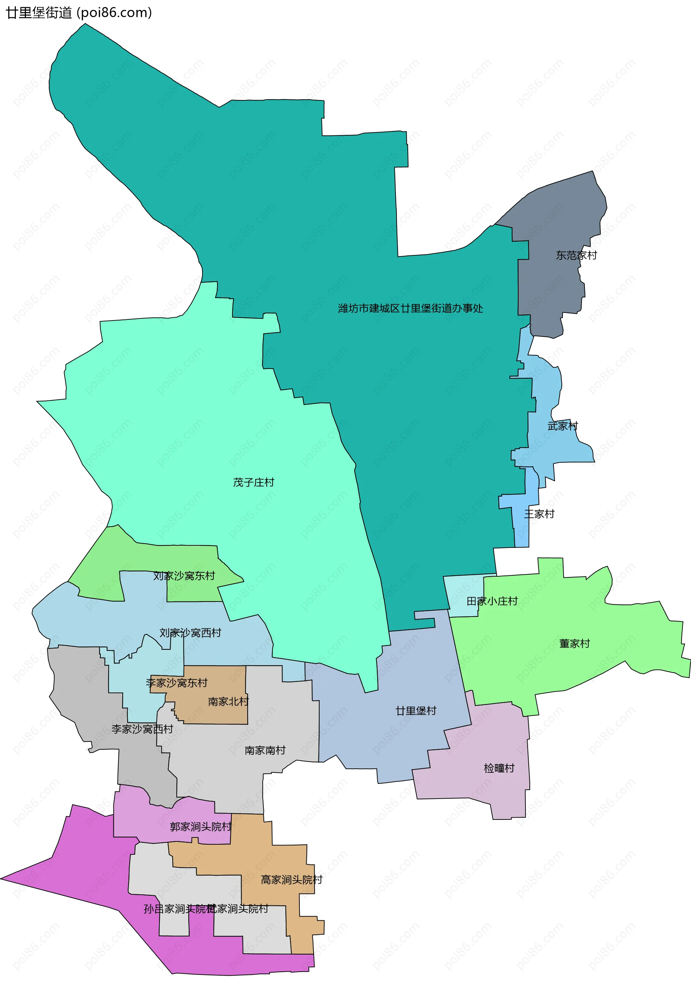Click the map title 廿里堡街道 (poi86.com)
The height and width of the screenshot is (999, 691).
tap(79, 13)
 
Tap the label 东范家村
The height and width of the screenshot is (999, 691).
tap(576, 255)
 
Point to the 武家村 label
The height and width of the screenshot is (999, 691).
tap(563, 426)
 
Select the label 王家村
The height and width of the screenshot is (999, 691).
tap(539, 514)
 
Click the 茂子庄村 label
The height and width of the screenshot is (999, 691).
tap(253, 482)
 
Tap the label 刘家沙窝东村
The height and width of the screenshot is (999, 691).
tap(184, 576)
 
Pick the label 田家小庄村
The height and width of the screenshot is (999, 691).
tap(492, 601)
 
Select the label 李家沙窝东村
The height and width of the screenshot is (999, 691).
tap(177, 683)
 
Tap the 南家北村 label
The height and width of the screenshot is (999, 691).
tap(228, 701)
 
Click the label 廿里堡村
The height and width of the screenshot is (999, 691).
tap(416, 710)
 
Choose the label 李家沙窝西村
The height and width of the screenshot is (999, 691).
tap(142, 729)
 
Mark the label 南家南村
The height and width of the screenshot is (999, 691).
tap(265, 750)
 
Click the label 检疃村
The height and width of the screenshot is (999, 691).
tap(499, 768)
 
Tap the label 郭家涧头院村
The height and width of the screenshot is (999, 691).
tap(200, 826)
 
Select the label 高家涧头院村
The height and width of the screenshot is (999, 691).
tap(292, 880)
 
